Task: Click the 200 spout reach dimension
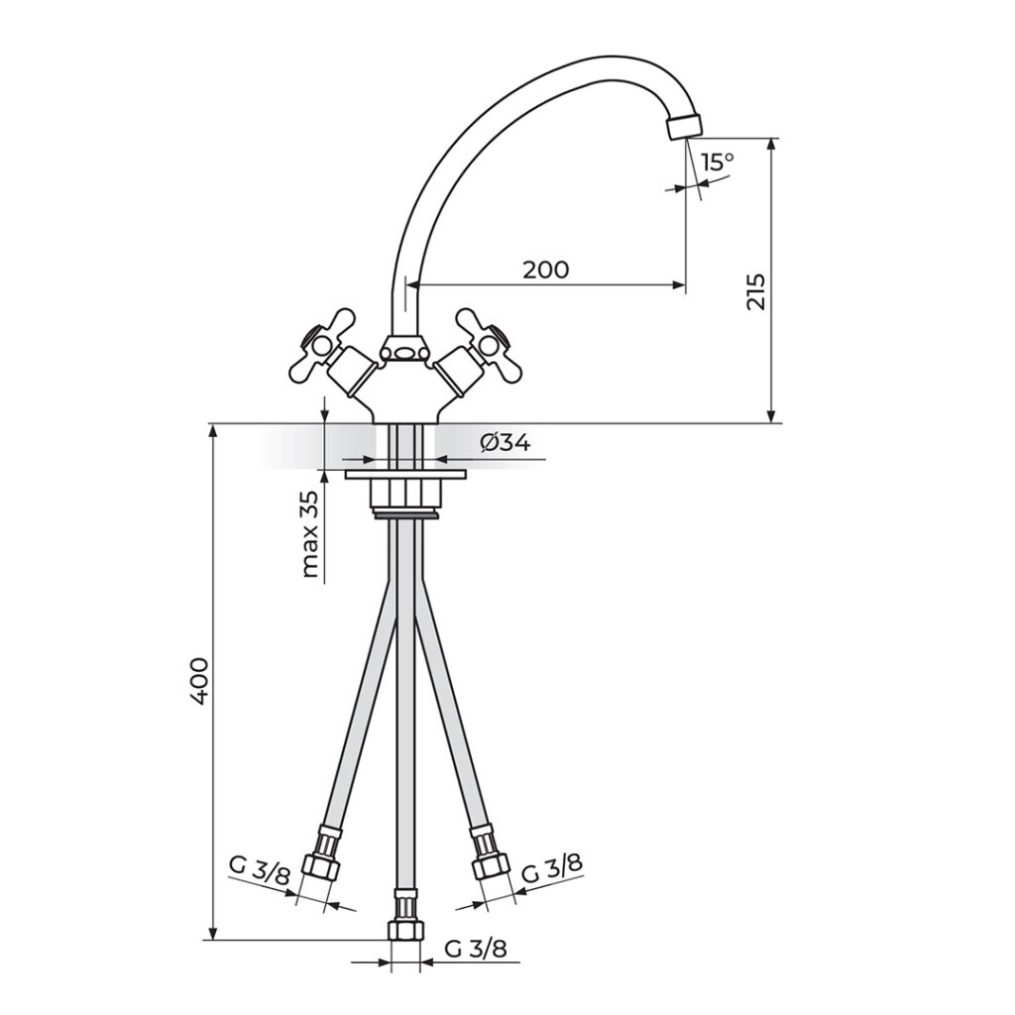[546, 270]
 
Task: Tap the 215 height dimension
[755, 291]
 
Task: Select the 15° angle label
[718, 162]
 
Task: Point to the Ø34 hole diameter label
[506, 443]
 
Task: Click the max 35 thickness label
[310, 533]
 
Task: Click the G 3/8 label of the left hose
[260, 873]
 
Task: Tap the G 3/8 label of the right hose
[552, 868]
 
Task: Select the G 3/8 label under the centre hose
[476, 949]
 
